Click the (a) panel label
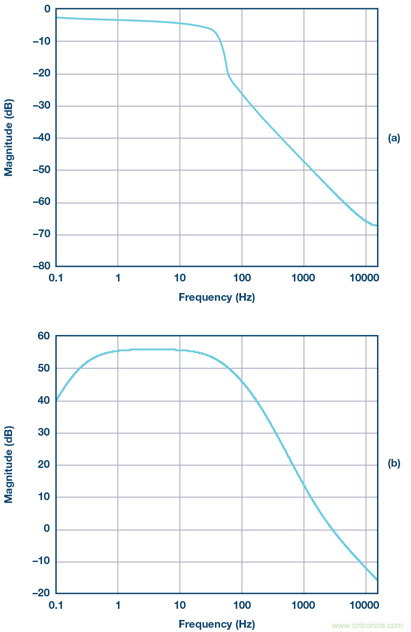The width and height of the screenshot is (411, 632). tap(393, 138)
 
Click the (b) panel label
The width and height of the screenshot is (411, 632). tap(393, 464)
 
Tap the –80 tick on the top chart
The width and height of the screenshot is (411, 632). tap(41, 266)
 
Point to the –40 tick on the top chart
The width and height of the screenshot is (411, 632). tap(41, 138)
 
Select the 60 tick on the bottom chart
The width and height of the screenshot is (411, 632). tap(44, 336)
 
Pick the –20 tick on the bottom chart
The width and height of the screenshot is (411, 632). tap(41, 593)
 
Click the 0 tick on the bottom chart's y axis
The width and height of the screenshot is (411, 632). tap(47, 529)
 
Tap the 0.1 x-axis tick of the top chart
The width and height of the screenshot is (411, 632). tap(56, 278)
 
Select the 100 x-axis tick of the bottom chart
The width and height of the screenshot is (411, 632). tap(242, 605)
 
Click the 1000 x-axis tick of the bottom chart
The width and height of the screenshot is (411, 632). tap(303, 605)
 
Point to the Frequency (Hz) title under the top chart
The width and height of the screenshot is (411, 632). tap(217, 297)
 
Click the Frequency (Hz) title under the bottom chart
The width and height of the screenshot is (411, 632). tap(217, 624)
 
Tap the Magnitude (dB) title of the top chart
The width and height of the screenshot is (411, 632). tap(9, 138)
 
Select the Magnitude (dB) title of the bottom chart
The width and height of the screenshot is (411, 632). tap(9, 464)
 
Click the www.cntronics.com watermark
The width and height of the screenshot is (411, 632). tap(367, 626)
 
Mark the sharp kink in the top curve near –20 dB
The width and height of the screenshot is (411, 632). tap(228, 75)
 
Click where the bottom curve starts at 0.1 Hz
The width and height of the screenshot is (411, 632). tap(56, 400)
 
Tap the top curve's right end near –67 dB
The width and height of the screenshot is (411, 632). tap(377, 226)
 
